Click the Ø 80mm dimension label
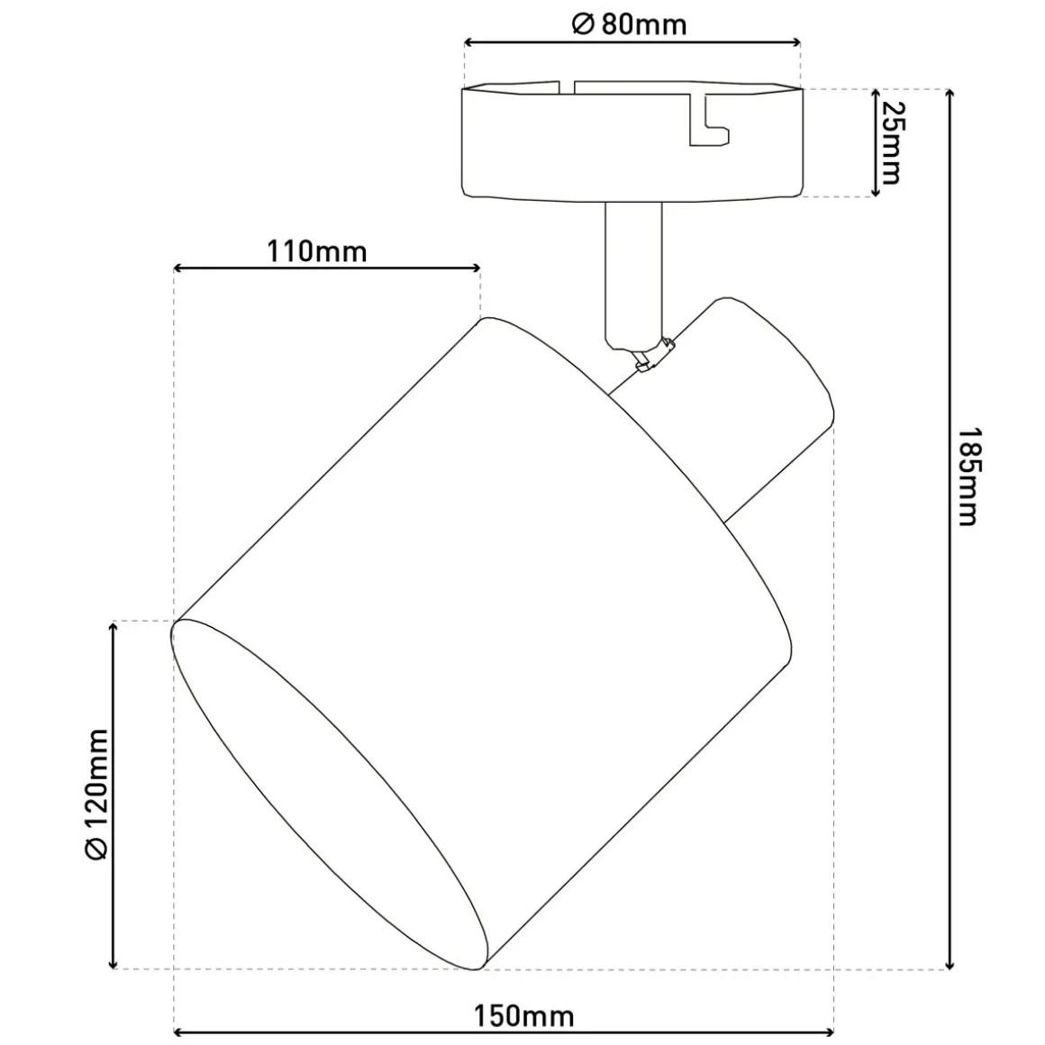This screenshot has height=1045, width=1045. [x=629, y=24]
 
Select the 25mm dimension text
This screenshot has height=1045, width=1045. [x=891, y=142]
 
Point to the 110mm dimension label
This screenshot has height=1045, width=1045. [x=317, y=252]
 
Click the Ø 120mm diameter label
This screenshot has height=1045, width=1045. [x=97, y=794]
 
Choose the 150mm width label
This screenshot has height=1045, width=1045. [x=523, y=1017]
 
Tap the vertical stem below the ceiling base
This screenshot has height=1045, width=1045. [x=634, y=273]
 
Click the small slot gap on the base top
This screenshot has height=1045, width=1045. [x=566, y=87]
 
